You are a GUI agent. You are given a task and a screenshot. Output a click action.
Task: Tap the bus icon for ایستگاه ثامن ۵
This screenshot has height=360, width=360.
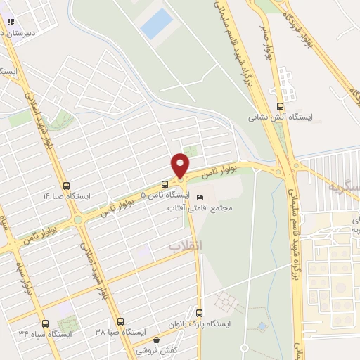[x=165, y=184]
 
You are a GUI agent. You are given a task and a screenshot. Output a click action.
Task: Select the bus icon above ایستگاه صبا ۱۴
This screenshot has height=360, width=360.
[x=66, y=186]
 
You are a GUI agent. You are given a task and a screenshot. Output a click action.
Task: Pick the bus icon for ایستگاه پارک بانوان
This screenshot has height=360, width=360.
[x=199, y=313]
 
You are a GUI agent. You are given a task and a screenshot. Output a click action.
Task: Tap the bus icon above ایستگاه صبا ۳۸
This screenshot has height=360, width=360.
[x=120, y=321]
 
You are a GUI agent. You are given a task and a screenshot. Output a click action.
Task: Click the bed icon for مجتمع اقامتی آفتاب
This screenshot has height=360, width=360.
[x=200, y=197]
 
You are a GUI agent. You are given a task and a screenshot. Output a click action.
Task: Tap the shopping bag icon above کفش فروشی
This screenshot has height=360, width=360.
[x=157, y=340]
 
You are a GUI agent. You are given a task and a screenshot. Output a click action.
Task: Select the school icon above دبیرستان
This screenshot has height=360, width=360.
[x=10, y=22]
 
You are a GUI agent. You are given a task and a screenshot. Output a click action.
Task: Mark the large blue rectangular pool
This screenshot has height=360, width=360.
[x=156, y=24]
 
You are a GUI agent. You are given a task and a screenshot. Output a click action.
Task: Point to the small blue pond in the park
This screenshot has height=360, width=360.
[x=262, y=326]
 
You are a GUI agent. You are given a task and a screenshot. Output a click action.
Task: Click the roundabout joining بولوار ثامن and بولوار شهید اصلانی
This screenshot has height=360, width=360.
[x=78, y=219]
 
